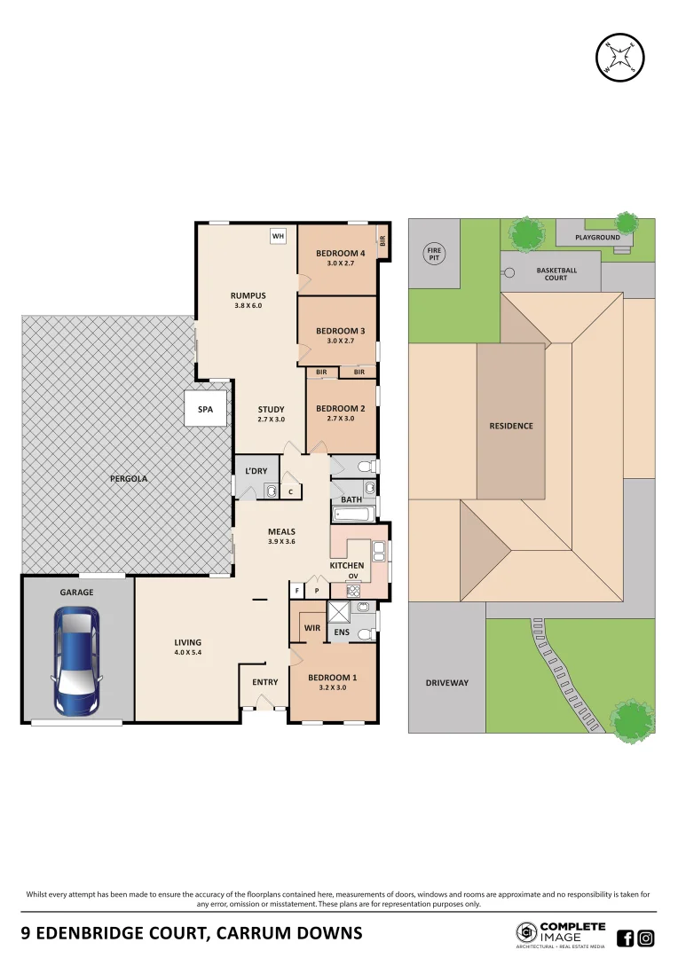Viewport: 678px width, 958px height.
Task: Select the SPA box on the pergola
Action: click(205, 410)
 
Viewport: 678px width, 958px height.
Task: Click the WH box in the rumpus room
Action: click(278, 236)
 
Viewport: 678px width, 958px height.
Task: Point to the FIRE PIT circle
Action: click(434, 255)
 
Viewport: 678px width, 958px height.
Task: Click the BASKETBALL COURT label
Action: click(556, 273)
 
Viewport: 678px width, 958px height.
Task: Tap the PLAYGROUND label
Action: click(597, 238)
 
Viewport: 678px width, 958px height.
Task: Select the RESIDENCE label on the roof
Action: click(511, 426)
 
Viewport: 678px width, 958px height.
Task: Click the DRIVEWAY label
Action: click(446, 682)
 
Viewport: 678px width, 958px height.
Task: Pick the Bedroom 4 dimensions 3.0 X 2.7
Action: click(341, 264)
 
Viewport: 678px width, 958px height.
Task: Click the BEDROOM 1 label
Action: click(333, 678)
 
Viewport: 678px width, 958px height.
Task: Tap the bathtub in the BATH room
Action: click(354, 514)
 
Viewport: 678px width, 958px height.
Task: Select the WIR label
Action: click(311, 627)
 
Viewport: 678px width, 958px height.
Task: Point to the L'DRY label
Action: click(256, 471)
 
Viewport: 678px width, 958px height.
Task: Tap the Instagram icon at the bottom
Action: click(646, 938)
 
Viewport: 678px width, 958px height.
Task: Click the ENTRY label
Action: click(264, 682)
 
